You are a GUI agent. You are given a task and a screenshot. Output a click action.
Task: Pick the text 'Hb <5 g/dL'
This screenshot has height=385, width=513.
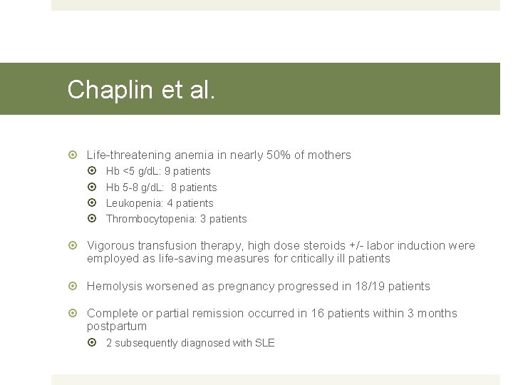point(133,171)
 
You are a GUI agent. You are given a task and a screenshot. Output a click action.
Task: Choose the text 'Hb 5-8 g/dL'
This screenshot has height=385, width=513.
point(134,188)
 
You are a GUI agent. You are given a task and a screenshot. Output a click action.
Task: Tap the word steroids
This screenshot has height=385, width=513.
point(332,245)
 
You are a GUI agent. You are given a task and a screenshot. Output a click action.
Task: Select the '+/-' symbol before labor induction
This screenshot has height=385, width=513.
point(363,245)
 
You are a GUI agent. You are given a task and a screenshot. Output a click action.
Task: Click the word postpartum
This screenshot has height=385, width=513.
point(116,326)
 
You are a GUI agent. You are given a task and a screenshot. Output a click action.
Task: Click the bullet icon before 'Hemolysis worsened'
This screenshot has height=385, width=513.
point(76,286)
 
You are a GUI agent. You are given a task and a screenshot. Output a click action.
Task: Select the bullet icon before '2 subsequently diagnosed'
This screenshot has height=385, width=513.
point(96,343)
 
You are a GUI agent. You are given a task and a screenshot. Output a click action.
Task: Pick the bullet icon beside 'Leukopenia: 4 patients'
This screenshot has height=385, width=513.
point(96,203)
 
